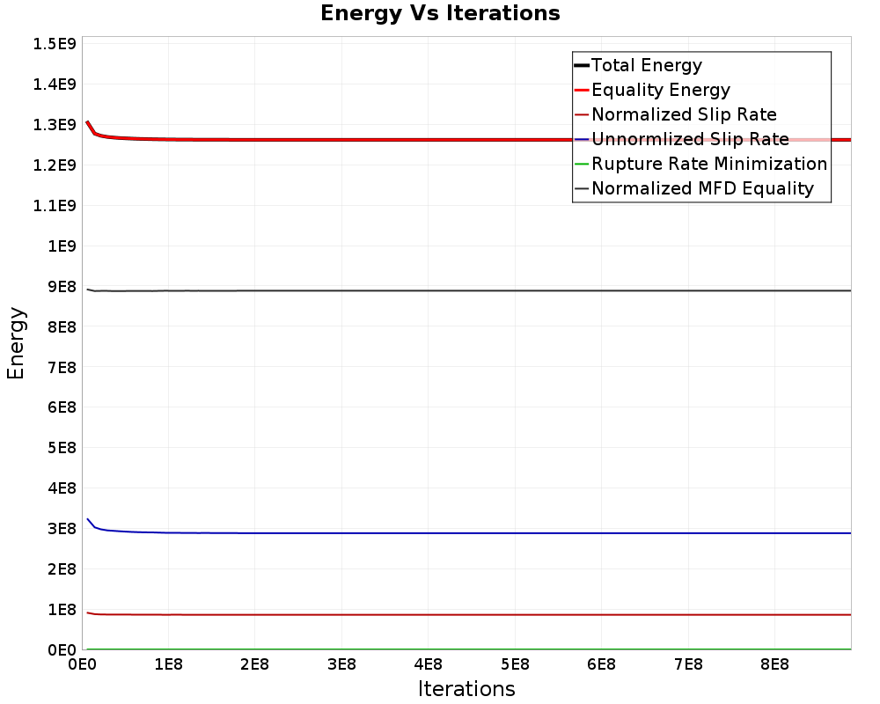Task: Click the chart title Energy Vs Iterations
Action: click(x=440, y=13)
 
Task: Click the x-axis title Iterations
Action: click(x=466, y=688)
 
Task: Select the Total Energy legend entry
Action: click(x=646, y=65)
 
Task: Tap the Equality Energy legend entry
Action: click(x=660, y=90)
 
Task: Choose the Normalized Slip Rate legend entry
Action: click(x=684, y=114)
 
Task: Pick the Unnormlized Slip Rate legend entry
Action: click(x=690, y=139)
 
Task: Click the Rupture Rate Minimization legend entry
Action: click(x=709, y=164)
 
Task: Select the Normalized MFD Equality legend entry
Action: click(x=702, y=188)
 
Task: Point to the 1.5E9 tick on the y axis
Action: click(x=53, y=43)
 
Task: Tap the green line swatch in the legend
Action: click(x=582, y=164)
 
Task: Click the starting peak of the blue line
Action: click(x=87, y=519)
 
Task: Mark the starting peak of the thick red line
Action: click(x=87, y=122)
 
